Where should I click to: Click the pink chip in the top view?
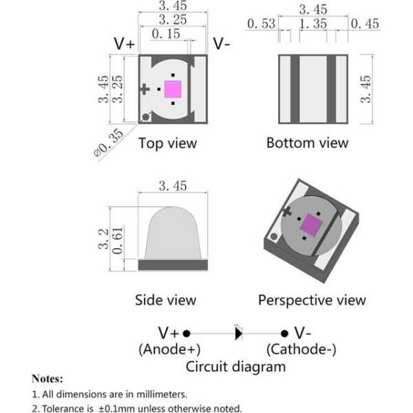tap(172, 89)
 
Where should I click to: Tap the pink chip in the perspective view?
tap(312, 224)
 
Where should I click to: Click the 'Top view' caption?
tap(167, 143)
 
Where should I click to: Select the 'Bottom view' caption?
tap(308, 143)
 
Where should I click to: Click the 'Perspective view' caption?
tap(312, 299)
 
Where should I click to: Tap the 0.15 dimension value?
tap(166, 34)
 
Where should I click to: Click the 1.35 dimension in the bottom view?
tap(312, 25)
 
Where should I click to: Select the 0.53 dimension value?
tap(261, 25)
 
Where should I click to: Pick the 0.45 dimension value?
tap(365, 25)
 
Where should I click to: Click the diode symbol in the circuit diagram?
tap(239, 334)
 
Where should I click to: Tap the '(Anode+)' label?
tap(169, 349)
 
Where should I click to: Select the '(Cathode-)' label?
tap(301, 349)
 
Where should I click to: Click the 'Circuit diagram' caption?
tap(235, 366)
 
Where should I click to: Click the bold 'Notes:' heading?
tap(47, 379)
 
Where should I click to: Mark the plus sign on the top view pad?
tap(145, 89)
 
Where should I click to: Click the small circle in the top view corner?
tap(145, 117)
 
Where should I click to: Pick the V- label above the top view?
tap(222, 43)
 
